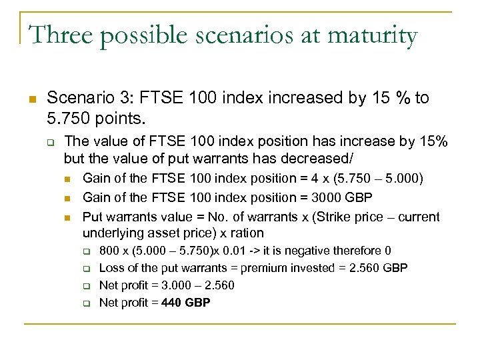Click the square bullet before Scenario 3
click(x=31, y=99)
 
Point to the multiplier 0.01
click(x=235, y=251)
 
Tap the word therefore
click(x=360, y=251)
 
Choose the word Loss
click(x=112, y=268)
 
